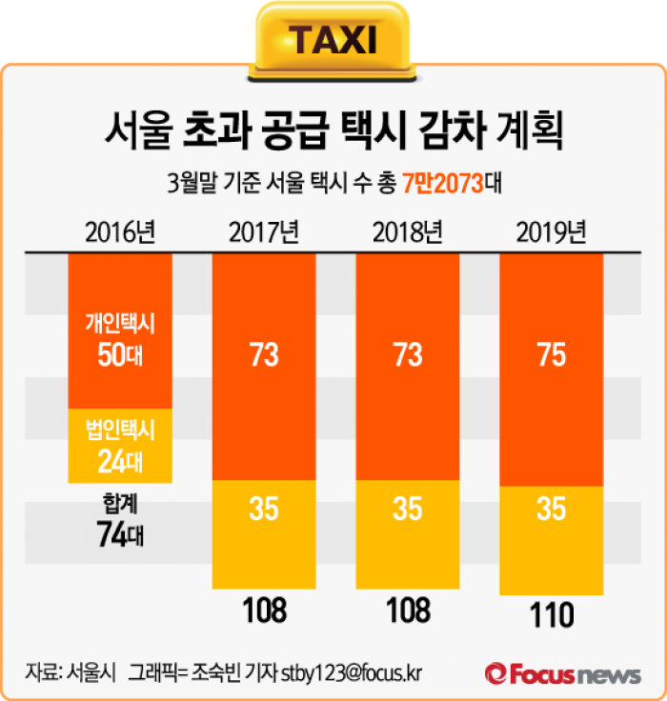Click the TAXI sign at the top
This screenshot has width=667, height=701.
coord(333,40)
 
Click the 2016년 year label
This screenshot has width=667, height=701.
coord(119,231)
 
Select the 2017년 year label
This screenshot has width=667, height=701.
coord(264,231)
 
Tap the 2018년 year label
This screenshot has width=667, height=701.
coord(408,231)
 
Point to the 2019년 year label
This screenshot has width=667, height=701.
coord(552,231)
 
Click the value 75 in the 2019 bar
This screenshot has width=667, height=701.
coord(552,355)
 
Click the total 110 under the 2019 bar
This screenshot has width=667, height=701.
coord(552,616)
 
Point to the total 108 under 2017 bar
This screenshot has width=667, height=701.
coord(264,611)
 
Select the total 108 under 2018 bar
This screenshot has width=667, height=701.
coord(408,611)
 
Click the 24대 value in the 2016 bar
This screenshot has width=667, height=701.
coord(119,462)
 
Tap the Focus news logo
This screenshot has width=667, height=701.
coord(562,674)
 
